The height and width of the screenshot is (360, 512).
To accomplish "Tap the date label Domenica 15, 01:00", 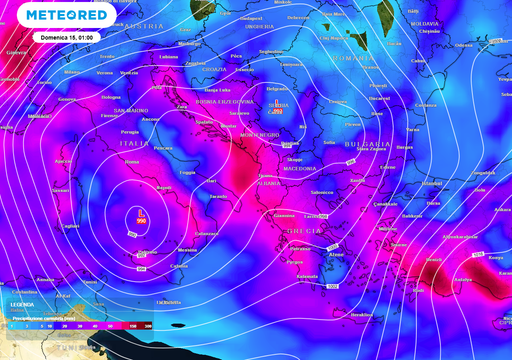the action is (x=68, y=37).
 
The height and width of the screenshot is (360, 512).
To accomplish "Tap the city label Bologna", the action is (x=110, y=97).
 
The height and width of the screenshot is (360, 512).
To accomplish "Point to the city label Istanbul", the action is (x=432, y=183).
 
